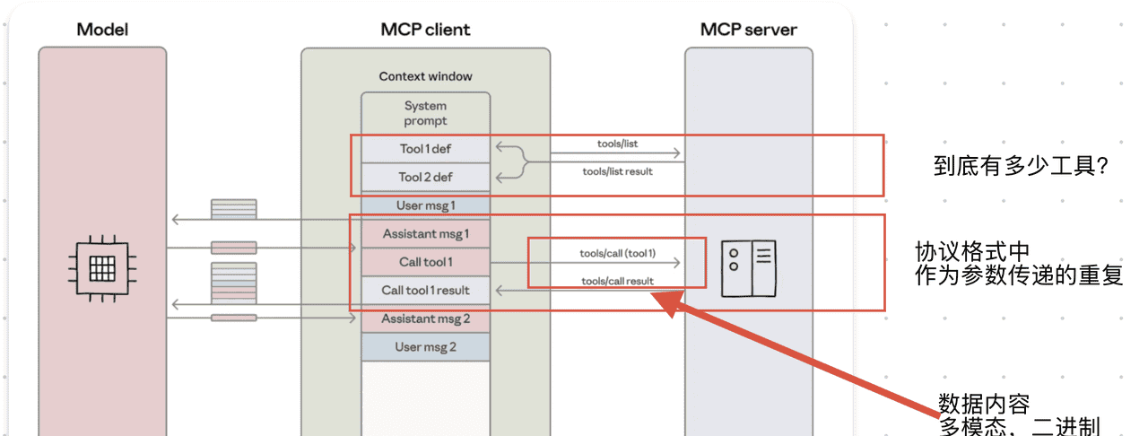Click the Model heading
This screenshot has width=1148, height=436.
click(x=102, y=30)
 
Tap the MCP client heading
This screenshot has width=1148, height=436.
click(x=425, y=30)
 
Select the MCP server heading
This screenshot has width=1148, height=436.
click(x=748, y=30)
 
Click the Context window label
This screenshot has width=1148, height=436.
click(x=425, y=76)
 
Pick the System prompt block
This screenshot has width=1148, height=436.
click(x=425, y=113)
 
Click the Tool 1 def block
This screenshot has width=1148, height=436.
click(x=425, y=149)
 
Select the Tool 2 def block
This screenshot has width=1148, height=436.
click(x=425, y=177)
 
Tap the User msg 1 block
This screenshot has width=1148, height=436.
click(x=425, y=205)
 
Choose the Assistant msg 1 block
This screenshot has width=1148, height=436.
click(x=425, y=234)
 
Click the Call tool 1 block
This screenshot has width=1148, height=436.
click(x=425, y=262)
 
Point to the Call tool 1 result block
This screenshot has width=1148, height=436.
click(x=425, y=290)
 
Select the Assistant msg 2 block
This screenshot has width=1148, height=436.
click(x=425, y=318)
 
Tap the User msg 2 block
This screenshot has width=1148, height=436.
click(x=425, y=346)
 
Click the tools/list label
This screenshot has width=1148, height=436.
click(x=617, y=144)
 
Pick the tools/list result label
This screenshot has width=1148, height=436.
click(x=617, y=171)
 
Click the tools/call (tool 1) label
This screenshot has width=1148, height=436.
click(x=617, y=254)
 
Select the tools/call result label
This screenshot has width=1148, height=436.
click(x=617, y=281)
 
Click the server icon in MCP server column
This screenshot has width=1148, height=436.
click(x=748, y=267)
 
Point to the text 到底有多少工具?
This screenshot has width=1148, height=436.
click(x=1021, y=166)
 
